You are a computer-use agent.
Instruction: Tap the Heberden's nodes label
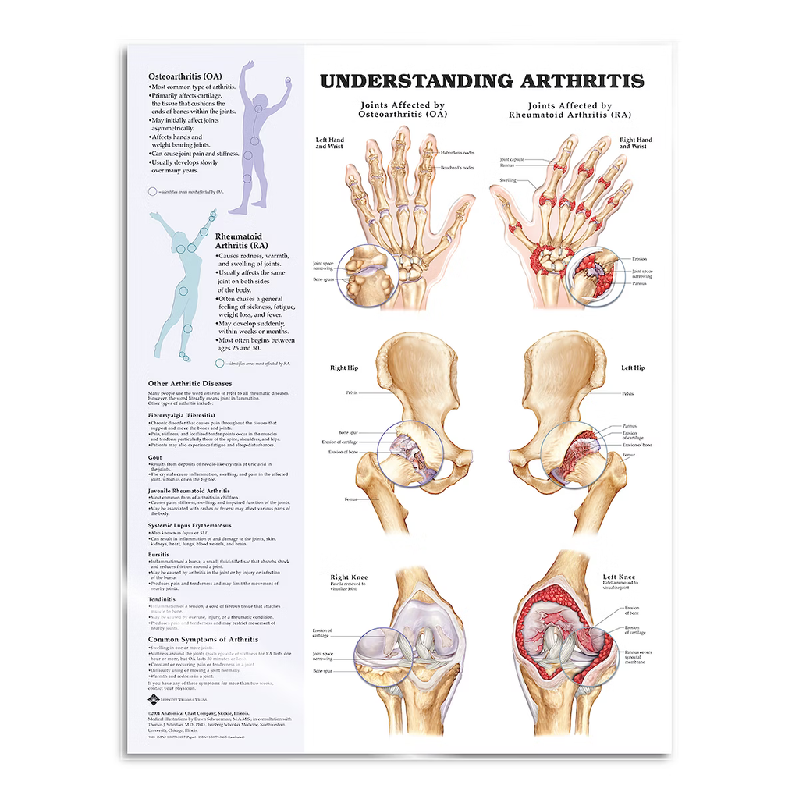(457, 152)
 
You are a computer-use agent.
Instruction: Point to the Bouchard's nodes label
(457, 168)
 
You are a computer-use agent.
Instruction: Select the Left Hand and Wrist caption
(329, 144)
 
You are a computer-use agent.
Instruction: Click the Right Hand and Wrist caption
(636, 144)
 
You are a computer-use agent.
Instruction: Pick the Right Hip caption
(344, 368)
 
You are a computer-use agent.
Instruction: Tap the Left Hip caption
(633, 368)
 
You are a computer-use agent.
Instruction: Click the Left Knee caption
(616, 577)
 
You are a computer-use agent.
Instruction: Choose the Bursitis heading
(159, 554)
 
